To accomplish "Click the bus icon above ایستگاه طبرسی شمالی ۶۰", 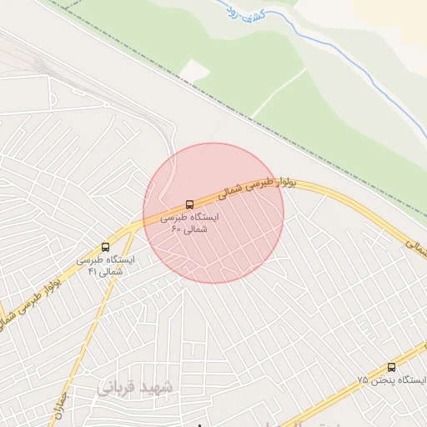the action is point(190,203).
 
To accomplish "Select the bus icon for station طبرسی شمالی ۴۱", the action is point(105,247).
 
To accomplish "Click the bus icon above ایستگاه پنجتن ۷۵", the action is point(392,367).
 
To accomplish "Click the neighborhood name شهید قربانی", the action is point(135,388).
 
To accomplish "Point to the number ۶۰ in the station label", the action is point(176,229).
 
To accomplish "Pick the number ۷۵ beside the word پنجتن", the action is point(363,380).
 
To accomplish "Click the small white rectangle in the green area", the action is point(193,72).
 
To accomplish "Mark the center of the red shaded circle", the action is point(213,213).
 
